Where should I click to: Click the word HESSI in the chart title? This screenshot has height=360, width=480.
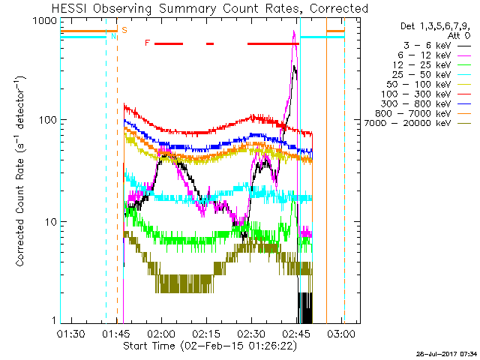point(70,8)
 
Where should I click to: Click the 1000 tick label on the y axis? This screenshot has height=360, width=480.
point(45,21)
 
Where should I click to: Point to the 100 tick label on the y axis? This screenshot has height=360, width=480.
point(48,120)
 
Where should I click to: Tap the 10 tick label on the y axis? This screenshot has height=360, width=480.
point(52,222)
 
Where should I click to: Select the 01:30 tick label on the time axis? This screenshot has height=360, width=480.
point(71,333)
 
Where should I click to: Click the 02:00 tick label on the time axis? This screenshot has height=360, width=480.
point(161,333)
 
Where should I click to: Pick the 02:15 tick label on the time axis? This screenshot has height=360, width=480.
point(206,333)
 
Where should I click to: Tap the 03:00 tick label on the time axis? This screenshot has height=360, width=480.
point(342,333)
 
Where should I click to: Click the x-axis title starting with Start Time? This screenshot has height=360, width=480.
point(210,346)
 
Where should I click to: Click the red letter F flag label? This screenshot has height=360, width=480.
point(148,43)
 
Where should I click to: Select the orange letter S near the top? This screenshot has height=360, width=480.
point(124,30)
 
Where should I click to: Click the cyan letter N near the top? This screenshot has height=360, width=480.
point(113,36)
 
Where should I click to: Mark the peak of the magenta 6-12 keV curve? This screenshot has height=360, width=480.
point(294,31)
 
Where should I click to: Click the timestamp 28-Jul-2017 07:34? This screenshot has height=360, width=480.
point(447,354)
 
